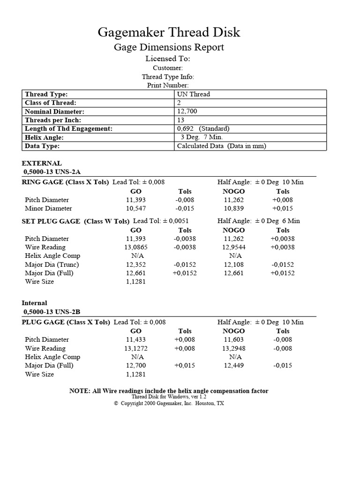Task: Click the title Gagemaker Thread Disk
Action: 169,32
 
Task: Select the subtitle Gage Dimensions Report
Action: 169,47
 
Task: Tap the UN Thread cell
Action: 193,94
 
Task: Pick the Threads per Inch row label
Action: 52,120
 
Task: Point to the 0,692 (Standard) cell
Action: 203,128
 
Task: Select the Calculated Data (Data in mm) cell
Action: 221,146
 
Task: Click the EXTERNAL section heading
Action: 42,164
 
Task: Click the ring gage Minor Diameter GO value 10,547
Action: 135,209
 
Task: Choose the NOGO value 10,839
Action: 233,209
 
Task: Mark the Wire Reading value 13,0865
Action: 135,247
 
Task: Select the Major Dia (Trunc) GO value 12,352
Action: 135,264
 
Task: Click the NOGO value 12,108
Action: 233,264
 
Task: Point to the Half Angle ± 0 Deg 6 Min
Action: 258,221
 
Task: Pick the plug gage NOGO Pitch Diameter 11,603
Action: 233,339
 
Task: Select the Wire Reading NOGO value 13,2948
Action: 233,348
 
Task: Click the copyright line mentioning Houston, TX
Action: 169,403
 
